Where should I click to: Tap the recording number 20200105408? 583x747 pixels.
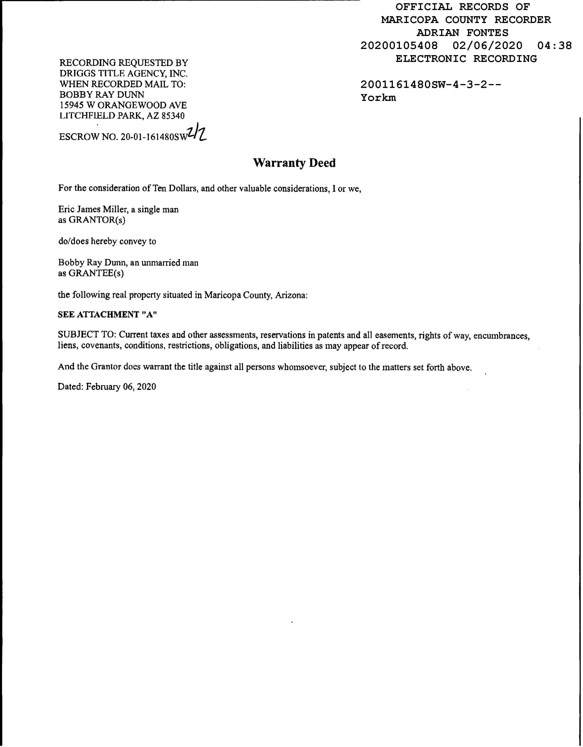point(399,46)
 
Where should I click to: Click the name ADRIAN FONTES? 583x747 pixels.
point(462,33)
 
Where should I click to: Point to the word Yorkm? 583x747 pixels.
point(378,98)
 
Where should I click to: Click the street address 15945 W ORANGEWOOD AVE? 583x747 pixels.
point(123,105)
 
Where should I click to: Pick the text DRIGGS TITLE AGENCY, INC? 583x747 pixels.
point(124,74)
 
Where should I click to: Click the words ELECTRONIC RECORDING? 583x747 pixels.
point(466,59)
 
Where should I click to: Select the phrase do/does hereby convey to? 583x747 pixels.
point(107,241)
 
